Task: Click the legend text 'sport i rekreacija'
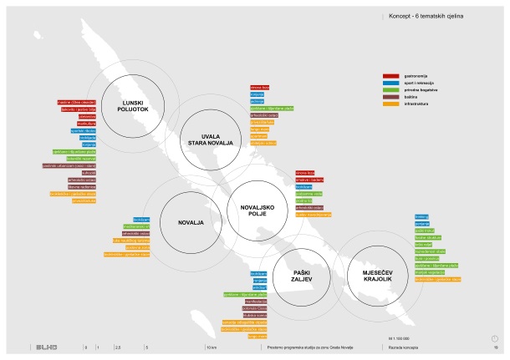(419, 81)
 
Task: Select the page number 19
(495, 345)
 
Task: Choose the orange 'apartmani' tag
(262, 135)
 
